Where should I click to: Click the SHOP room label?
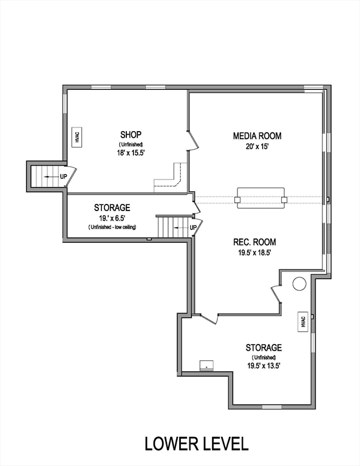pos(131,134)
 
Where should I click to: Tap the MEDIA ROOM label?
pos(257,136)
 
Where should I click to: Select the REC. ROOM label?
pos(256,242)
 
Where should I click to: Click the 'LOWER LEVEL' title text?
pos(196,444)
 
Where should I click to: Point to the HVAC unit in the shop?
pos(77,137)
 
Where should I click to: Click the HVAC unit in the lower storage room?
pos(302,323)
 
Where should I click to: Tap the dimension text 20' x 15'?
pos(257,146)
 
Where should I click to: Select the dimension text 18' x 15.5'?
pos(131,154)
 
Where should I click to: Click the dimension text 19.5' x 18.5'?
pos(256,253)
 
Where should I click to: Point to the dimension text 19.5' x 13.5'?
pos(263,366)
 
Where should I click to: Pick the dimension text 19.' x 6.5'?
pos(112,217)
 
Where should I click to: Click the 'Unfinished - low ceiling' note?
pos(112,227)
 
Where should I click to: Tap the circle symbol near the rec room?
pos(299,283)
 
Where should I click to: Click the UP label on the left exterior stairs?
pos(63,177)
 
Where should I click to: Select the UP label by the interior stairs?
pos(193,228)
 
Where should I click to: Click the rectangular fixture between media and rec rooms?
pos(260,198)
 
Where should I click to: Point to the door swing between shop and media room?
pos(193,140)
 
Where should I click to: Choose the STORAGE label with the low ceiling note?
pos(112,208)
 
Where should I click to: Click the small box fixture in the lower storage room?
pos(206,365)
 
